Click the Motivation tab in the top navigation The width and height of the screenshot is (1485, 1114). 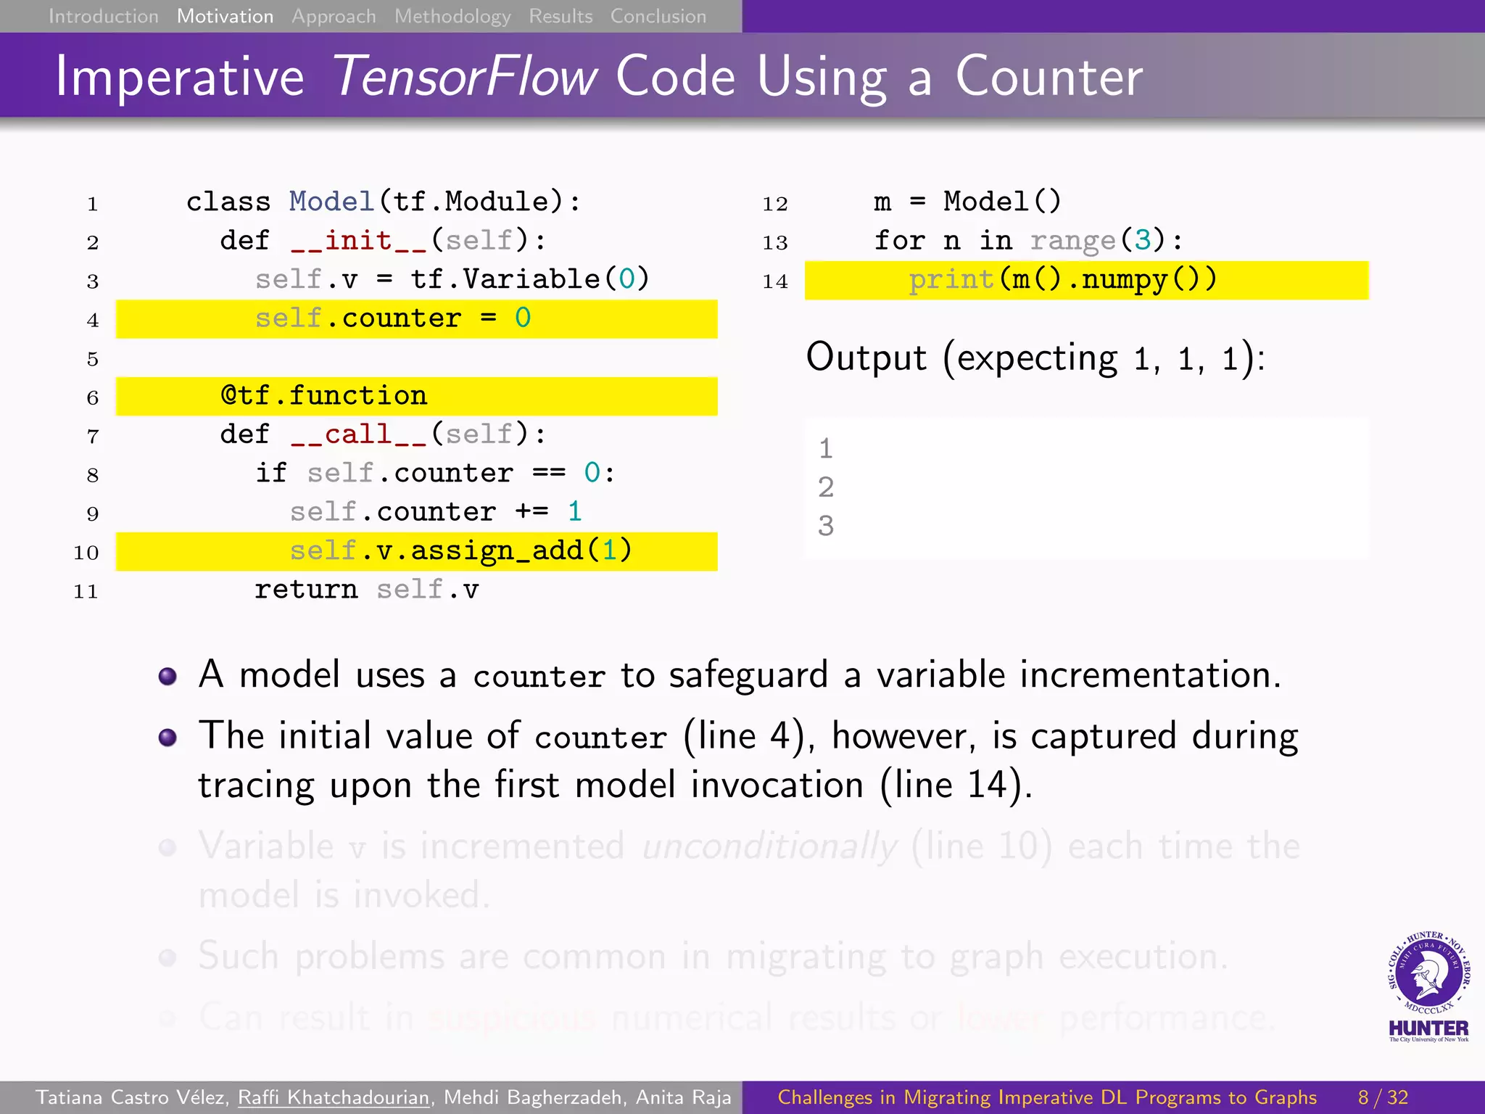pyautogui.click(x=225, y=16)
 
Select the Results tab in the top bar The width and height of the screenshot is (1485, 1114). pyautogui.click(x=561, y=16)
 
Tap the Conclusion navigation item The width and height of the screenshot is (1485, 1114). pyautogui.click(x=658, y=16)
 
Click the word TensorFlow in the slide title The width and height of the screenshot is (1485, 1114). pyautogui.click(x=465, y=77)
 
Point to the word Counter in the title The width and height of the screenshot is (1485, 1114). pyautogui.click(x=1048, y=77)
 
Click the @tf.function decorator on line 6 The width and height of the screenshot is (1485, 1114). pyautogui.click(x=324, y=396)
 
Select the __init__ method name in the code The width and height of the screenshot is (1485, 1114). pyautogui.click(x=358, y=241)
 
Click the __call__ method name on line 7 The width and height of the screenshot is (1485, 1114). pyautogui.click(x=358, y=434)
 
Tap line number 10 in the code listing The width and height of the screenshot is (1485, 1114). pyautogui.click(x=86, y=553)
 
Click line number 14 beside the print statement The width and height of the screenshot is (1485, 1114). pyautogui.click(x=774, y=281)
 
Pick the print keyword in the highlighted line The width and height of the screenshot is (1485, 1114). pyautogui.click(x=951, y=280)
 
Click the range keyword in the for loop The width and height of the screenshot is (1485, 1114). pyautogui.click(x=1072, y=241)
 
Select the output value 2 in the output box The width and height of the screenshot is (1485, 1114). pyautogui.click(x=826, y=487)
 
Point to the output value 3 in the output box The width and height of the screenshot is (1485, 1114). pyautogui.click(x=826, y=526)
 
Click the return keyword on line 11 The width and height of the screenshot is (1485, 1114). pyautogui.click(x=306, y=590)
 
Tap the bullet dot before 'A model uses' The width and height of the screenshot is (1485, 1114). pyautogui.click(x=167, y=676)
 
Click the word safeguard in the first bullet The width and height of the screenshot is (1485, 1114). pyautogui.click(x=748, y=675)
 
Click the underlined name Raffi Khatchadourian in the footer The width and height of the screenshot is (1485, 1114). pyautogui.click(x=334, y=1097)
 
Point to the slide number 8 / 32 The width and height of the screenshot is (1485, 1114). pyautogui.click(x=1383, y=1097)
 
